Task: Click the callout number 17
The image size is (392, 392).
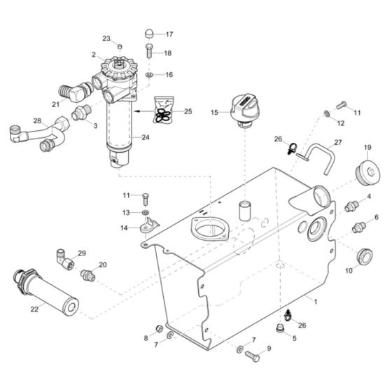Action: [169, 34]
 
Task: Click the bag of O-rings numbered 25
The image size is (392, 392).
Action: [164, 111]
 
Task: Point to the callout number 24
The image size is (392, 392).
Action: [165, 137]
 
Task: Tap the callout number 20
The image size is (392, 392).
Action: [103, 265]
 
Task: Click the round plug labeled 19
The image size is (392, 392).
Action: [367, 172]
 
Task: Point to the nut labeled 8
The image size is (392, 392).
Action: [160, 328]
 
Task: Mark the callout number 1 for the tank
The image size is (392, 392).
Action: [315, 302]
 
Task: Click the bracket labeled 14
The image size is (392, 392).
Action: [148, 226]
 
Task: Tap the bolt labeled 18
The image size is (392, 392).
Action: [149, 50]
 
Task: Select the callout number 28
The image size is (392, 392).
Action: [37, 120]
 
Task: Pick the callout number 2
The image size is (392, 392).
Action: [93, 54]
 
